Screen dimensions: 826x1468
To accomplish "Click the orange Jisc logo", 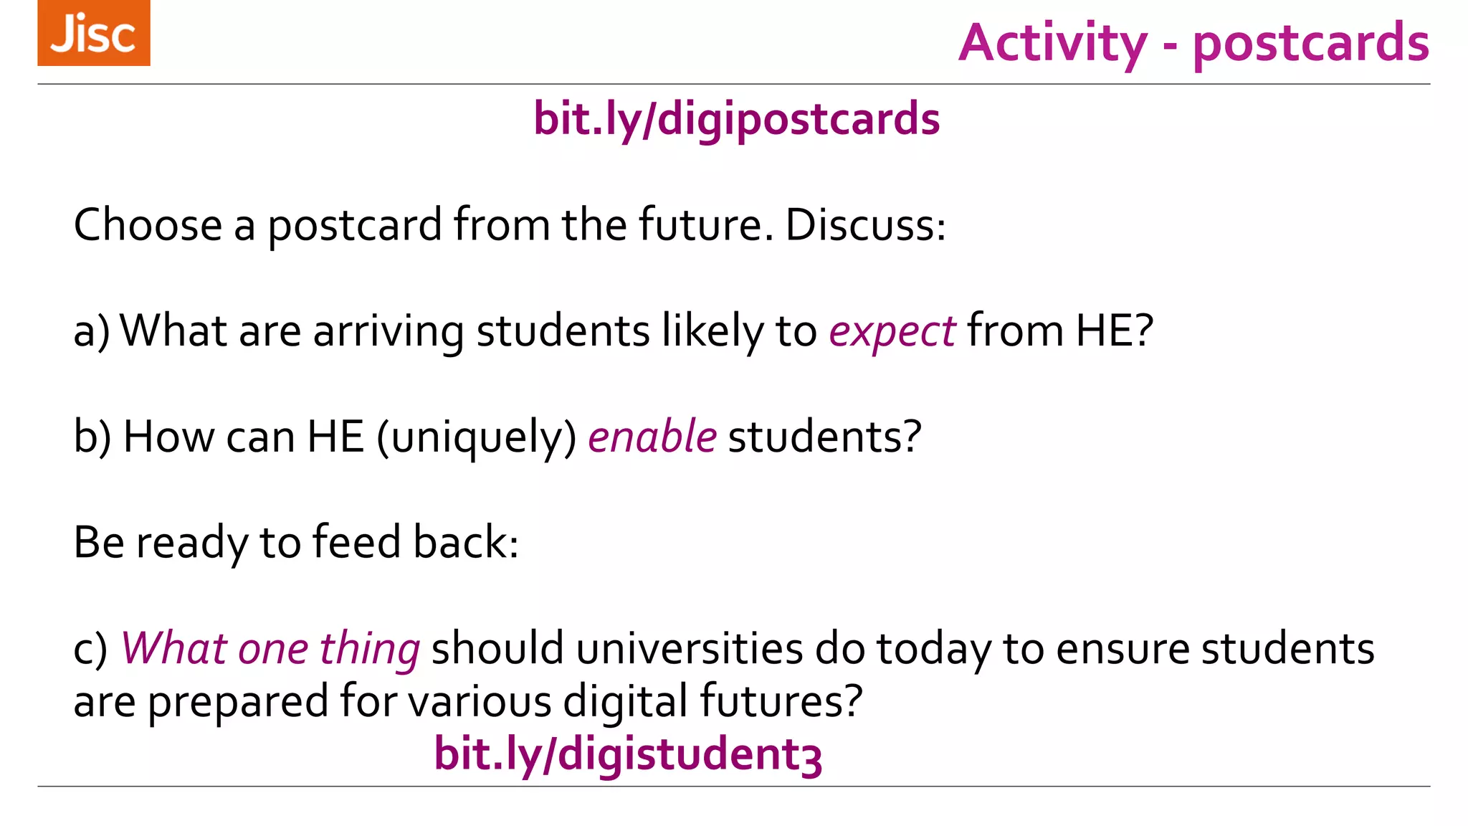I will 94,33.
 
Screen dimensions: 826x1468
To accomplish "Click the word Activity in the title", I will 1052,43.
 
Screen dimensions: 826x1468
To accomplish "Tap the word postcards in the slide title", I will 1311,43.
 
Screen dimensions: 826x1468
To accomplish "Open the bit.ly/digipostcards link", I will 736,119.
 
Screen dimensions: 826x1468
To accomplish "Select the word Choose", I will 148,225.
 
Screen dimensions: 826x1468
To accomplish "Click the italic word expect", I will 892,332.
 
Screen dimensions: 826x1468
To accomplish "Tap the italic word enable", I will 652,437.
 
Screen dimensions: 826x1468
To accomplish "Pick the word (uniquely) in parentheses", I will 477,437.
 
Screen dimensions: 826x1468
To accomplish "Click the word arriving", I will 389,332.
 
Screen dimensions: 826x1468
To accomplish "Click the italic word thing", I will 369,649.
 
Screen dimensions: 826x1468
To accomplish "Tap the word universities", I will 689,649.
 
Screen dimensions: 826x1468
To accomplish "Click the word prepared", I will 238,701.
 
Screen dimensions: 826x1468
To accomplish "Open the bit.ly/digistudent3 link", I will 628,754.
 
